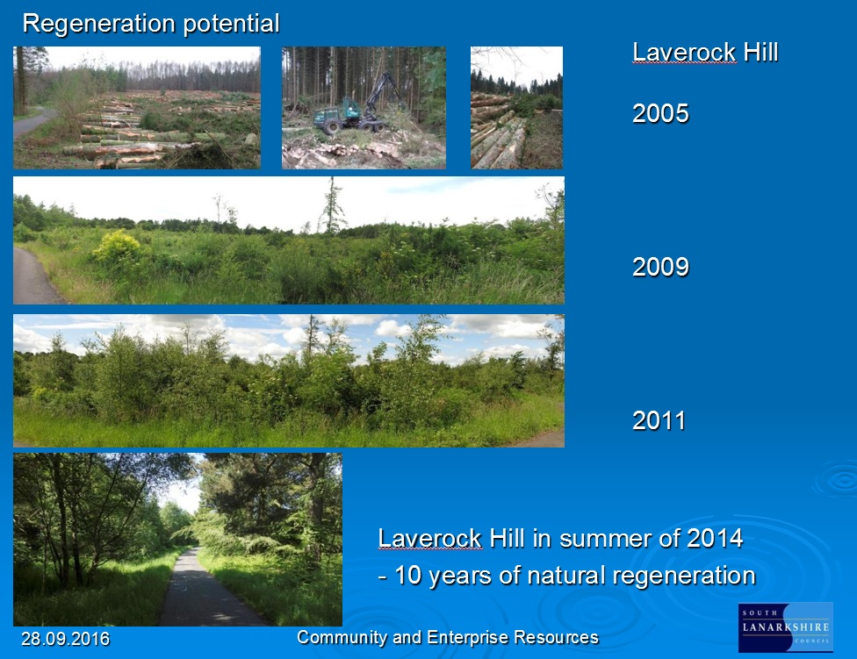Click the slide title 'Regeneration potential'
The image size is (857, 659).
[151, 24]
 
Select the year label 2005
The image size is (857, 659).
[660, 113]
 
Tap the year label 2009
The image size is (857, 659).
[660, 267]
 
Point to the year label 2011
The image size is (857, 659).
[659, 421]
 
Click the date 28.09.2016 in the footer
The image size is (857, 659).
[66, 639]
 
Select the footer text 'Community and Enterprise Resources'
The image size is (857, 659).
[448, 637]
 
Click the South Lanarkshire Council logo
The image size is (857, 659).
[785, 627]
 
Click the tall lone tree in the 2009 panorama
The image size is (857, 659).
[331, 206]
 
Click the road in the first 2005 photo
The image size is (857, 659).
[32, 123]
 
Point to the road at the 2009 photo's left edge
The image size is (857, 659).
[32, 276]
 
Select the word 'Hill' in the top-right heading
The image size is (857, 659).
[760, 53]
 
